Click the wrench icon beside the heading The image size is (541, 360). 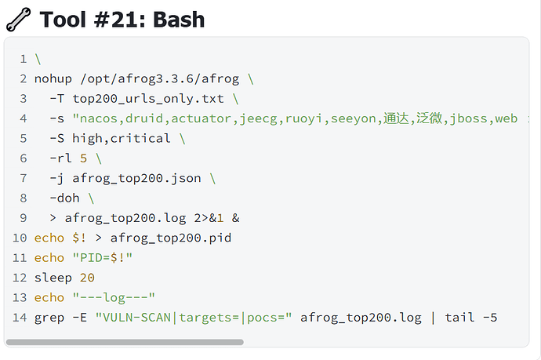coord(18,20)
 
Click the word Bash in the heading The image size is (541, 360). coord(179,20)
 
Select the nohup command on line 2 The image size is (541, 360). coord(53,78)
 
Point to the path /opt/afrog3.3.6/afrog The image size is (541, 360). coord(159,79)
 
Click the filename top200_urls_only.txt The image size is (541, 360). coord(148,99)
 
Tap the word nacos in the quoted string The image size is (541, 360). coord(99,118)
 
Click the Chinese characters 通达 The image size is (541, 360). coord(396,118)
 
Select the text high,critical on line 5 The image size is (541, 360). coord(121,138)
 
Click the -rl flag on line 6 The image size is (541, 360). coord(60,158)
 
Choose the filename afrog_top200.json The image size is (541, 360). coord(136,179)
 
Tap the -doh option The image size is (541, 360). coord(64,198)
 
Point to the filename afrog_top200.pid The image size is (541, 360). coord(171,238)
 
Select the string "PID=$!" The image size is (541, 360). coord(103,258)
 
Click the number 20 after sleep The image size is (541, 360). coord(87,278)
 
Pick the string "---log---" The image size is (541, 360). coord(114,297)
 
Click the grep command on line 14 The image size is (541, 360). coord(49,318)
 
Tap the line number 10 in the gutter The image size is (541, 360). coord(20,238)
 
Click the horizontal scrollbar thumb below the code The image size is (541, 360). coord(125,342)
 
